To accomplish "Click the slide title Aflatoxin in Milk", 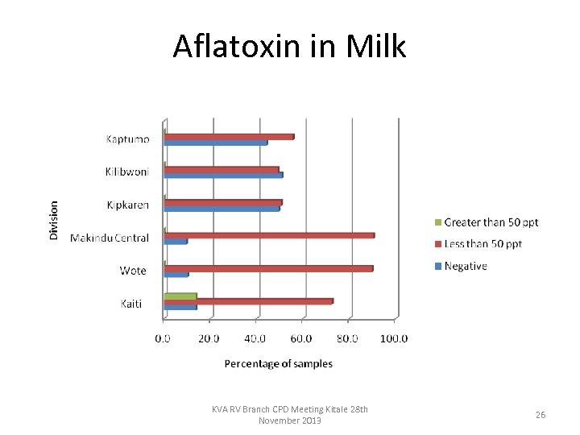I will [x=289, y=47].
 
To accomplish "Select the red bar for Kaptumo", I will [x=229, y=136].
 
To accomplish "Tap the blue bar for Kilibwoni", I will [x=223, y=175].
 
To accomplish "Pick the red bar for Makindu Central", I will [x=269, y=235].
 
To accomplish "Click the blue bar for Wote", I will [x=176, y=274].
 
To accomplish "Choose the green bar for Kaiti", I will [x=180, y=296].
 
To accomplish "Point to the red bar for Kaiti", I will [x=248, y=301].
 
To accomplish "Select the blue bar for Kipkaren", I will [x=222, y=208].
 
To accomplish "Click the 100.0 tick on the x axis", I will [x=395, y=338].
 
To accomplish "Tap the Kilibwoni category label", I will [x=126, y=172].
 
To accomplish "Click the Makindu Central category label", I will [x=110, y=238].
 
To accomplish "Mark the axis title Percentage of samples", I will [x=278, y=363].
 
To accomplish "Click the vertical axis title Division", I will [x=54, y=219].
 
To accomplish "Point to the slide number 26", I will [x=541, y=415].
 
